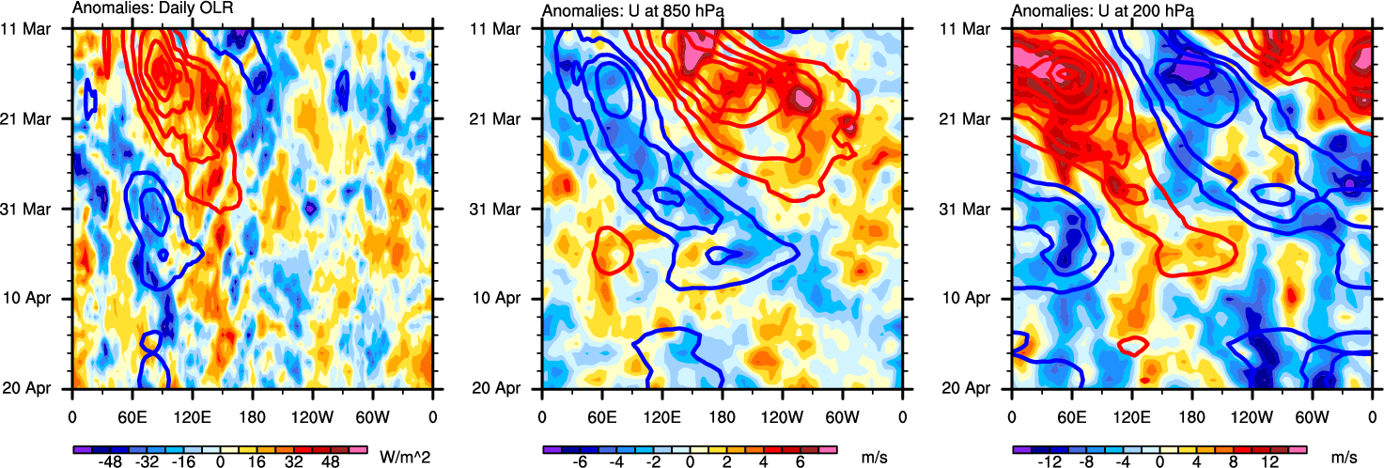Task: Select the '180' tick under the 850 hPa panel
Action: [x=722, y=412]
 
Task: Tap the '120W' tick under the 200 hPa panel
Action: [x=1252, y=412]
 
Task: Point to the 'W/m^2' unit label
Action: [x=403, y=457]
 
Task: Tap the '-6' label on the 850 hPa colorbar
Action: [x=581, y=462]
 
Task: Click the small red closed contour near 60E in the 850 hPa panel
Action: [x=612, y=251]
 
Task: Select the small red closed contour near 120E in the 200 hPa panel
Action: [x=1134, y=345]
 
